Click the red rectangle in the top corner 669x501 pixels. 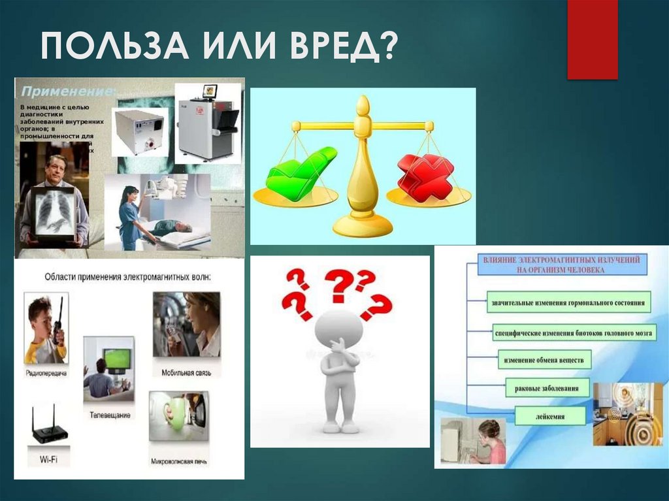tap(592, 39)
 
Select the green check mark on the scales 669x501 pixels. tap(301, 172)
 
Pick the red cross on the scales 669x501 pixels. tap(425, 177)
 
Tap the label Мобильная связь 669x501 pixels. tap(186, 372)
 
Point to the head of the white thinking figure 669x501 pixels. tap(338, 328)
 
